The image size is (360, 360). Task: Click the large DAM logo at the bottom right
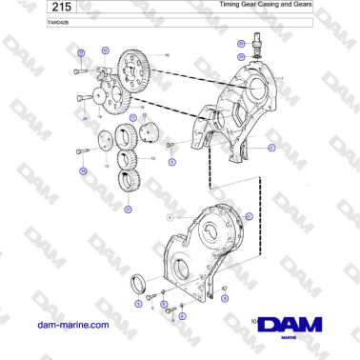coord(291,324)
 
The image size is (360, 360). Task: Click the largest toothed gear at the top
coord(138,72)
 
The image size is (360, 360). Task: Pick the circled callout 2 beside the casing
coord(271,148)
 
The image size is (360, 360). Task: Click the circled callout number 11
coord(248,217)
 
